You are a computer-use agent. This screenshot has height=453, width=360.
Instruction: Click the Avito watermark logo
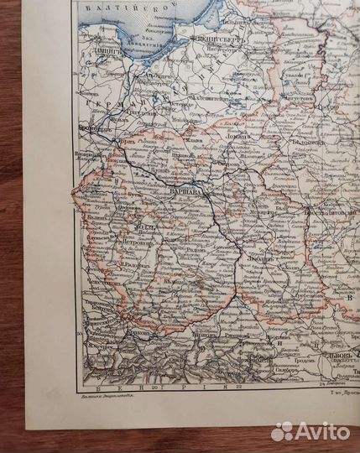pos(310,430)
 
